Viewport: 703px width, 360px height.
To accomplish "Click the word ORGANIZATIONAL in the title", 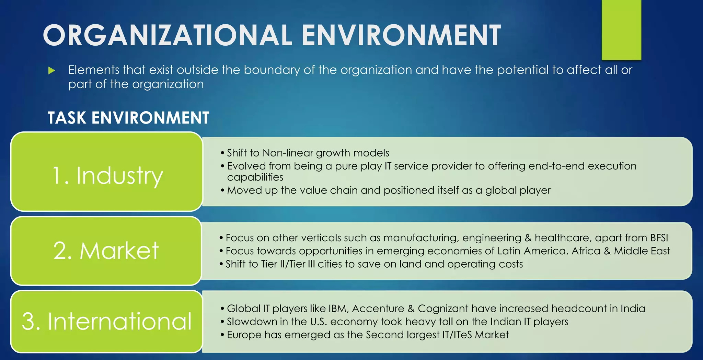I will point(167,35).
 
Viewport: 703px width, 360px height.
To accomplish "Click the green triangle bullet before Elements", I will point(52,71).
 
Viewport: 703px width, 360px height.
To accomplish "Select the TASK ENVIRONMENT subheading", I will point(128,118).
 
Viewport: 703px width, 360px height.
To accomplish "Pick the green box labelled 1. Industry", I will point(107,172).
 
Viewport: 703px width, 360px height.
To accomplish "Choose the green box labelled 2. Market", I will point(106,251).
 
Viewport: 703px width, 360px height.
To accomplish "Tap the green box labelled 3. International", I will point(107,322).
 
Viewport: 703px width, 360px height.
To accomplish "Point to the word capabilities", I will point(255,177).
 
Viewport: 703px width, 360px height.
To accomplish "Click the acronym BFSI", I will point(659,238).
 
